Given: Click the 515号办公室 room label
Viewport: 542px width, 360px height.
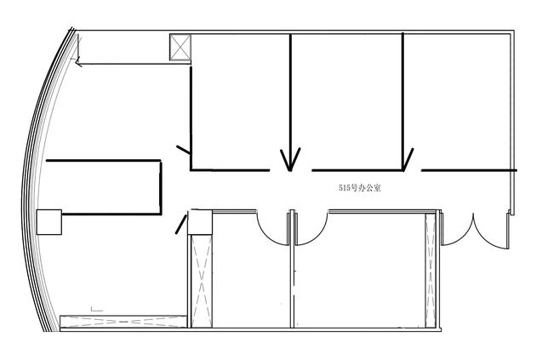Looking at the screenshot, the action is pos(360,188).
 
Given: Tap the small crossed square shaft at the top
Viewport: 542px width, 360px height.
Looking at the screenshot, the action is pos(180,48).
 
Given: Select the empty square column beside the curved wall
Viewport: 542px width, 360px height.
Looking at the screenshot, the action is pos(49,222).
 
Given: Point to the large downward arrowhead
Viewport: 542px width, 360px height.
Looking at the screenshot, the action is pos(290,159).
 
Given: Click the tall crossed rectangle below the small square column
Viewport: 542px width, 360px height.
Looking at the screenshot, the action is pos(202,281).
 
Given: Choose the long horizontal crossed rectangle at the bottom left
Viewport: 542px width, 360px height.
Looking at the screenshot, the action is pos(123,321).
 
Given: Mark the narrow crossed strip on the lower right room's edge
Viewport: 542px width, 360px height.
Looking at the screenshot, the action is pos(431,270).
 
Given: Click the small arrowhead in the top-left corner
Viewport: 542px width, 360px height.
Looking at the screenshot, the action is pos(78,63).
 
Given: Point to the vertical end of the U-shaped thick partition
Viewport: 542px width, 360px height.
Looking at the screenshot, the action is pos(161,187).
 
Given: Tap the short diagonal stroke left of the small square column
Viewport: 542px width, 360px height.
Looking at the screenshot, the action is pos(180,224).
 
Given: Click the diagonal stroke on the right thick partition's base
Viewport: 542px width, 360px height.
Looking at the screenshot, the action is pos(408,159).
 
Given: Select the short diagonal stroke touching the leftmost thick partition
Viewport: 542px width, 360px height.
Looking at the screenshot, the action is pos(183,150).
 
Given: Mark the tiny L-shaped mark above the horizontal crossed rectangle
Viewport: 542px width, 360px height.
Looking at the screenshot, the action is pos(97,309).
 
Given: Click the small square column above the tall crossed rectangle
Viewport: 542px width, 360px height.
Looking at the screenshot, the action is pos(200,222).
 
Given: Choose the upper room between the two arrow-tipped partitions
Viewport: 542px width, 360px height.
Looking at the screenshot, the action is pos(346,102).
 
